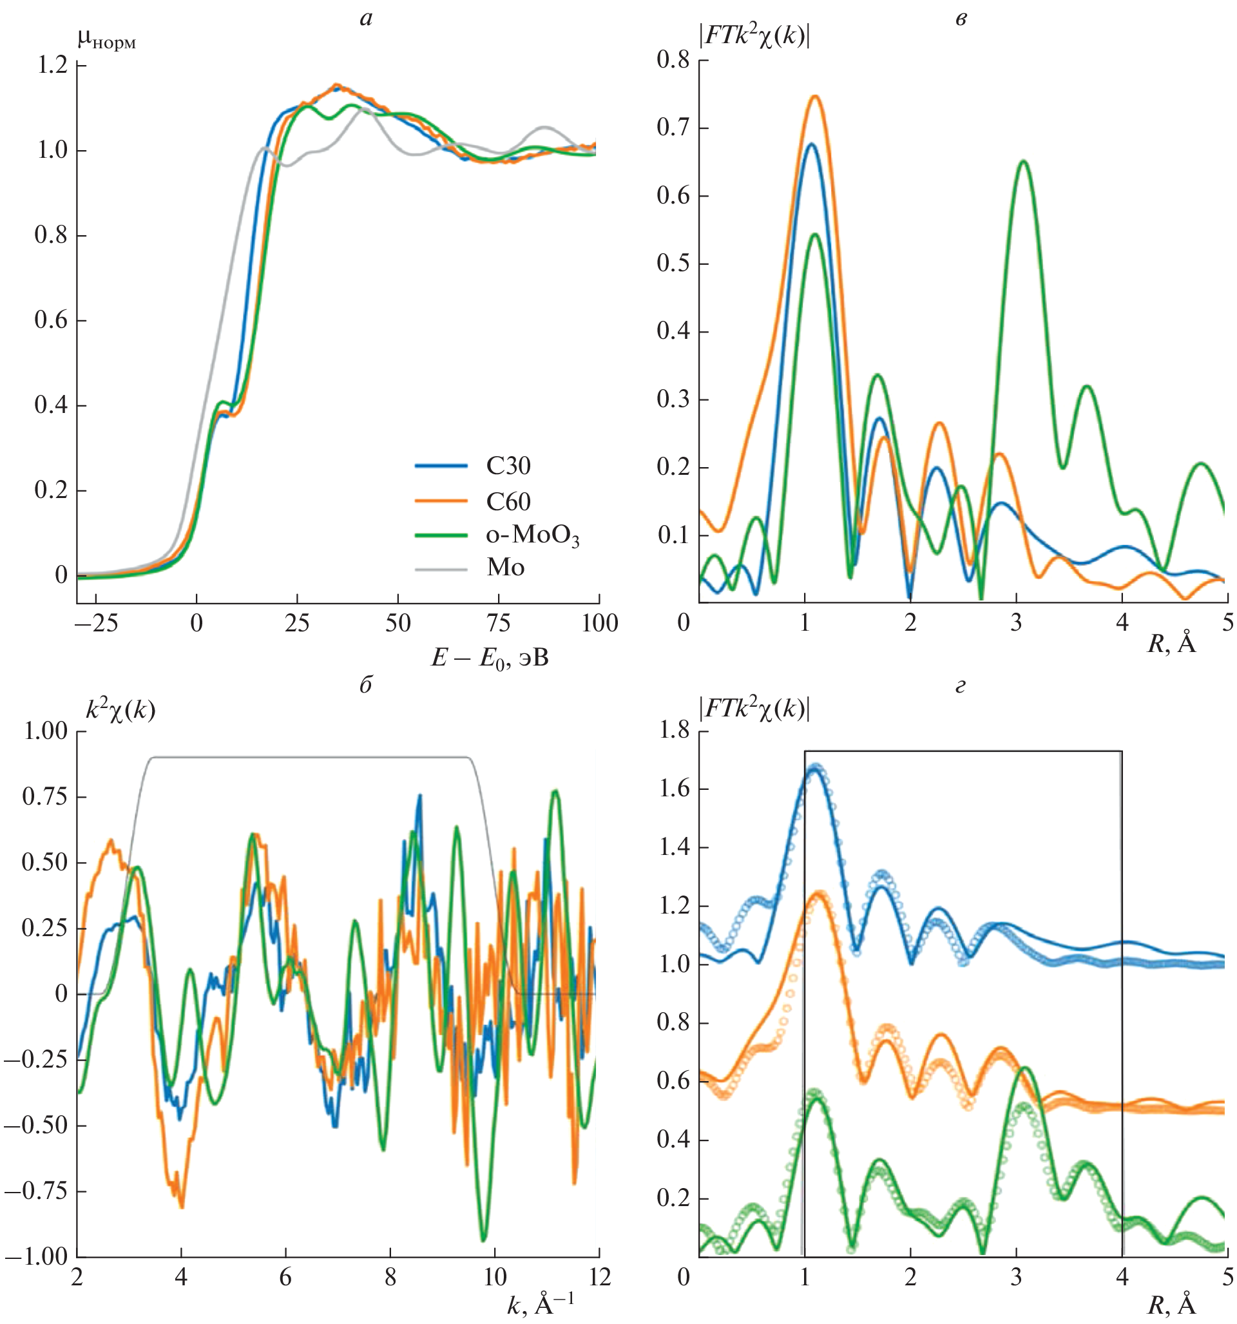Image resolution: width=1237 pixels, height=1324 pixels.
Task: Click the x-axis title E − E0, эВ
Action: click(490, 658)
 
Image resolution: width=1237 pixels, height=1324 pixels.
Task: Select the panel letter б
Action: click(365, 686)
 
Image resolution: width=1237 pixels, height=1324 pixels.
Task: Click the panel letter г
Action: click(960, 686)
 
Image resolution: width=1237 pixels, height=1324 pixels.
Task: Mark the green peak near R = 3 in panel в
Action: click(1022, 161)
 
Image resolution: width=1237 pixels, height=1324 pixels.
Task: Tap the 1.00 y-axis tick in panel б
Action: click(45, 731)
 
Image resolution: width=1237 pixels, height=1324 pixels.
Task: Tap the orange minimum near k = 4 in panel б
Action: click(182, 1205)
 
